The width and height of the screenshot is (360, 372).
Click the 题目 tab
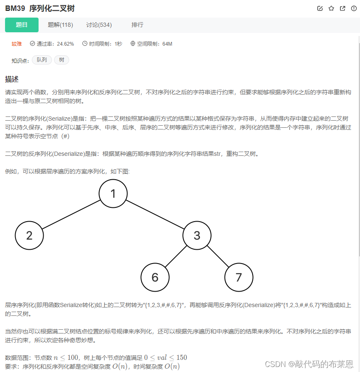click(22, 25)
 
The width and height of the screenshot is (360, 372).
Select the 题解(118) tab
click(60, 25)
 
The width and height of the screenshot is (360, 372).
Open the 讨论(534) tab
click(99, 25)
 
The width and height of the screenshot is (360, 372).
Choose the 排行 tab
click(137, 25)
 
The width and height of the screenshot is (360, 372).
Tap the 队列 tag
click(42, 60)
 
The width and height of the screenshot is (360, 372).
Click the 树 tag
click(62, 60)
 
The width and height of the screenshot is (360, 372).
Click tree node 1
click(113, 193)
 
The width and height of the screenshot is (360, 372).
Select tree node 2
click(29, 235)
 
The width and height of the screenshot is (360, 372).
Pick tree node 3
click(197, 235)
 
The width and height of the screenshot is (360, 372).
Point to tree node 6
click(155, 277)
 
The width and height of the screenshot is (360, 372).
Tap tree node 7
click(239, 277)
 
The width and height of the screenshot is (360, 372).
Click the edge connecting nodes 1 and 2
click(71, 214)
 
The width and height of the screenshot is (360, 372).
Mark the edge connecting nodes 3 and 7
click(218, 256)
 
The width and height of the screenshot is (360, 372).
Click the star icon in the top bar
click(331, 8)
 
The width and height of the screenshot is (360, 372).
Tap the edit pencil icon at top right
click(320, 8)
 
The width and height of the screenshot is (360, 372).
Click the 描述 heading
click(12, 79)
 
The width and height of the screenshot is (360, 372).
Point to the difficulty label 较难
click(17, 44)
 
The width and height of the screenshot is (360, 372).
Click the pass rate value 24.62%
click(65, 44)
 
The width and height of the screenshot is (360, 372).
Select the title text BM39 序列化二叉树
click(40, 8)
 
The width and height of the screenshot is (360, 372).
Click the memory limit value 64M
click(167, 44)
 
